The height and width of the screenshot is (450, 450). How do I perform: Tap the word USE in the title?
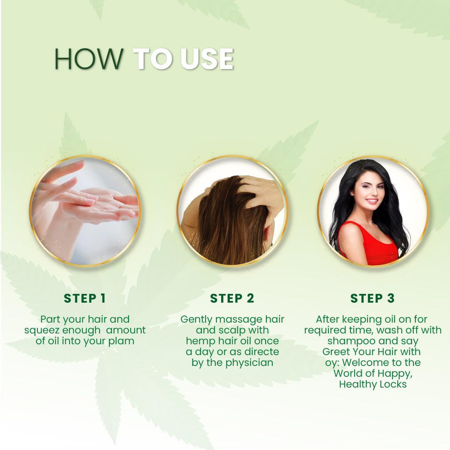coord(206,59)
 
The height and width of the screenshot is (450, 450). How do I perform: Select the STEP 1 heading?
coord(85,298)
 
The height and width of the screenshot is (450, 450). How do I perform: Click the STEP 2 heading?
coord(232,298)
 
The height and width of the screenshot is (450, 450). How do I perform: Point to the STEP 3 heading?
coord(372,298)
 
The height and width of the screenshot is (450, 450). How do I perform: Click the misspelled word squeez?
coord(42,330)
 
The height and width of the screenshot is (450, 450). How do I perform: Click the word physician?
coord(249,363)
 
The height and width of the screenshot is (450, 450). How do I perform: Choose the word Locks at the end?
coord(392,384)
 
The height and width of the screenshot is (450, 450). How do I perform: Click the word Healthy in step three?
coord(357,384)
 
